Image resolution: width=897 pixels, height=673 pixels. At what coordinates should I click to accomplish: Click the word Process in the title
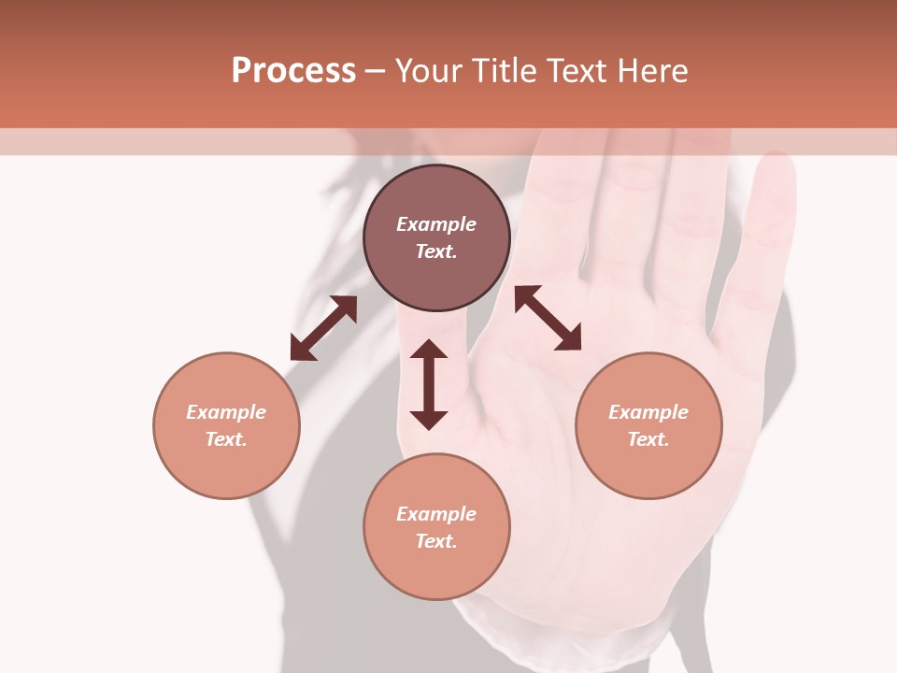(x=293, y=71)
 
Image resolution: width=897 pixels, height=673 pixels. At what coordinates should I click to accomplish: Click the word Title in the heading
(x=501, y=71)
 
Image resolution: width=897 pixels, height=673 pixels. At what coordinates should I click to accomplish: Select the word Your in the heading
(x=429, y=71)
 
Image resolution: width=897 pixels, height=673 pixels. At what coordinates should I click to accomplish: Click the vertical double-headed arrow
(x=429, y=384)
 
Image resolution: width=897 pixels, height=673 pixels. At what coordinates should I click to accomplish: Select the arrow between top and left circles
(x=323, y=328)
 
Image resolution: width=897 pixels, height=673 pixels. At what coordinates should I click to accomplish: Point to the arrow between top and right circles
(x=548, y=318)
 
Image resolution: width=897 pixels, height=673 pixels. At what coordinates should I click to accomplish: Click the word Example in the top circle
(x=436, y=224)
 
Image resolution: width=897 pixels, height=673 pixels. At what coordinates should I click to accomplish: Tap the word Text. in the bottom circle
(x=436, y=541)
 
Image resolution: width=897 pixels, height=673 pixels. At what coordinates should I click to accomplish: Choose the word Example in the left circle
(x=226, y=412)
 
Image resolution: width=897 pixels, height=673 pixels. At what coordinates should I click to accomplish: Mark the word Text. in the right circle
(x=648, y=439)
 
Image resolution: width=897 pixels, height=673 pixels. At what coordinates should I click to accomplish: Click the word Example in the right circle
(x=648, y=412)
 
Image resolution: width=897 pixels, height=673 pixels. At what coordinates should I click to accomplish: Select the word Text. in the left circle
(x=226, y=439)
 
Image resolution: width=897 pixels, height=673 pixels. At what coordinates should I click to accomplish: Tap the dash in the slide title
(x=376, y=71)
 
